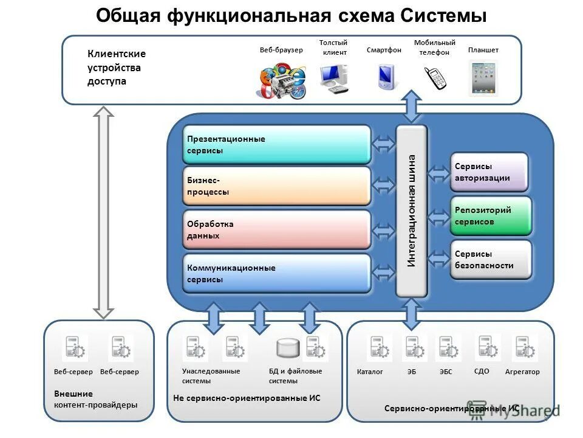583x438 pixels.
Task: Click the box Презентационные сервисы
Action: coord(276,145)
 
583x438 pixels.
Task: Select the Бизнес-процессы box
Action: coord(276,186)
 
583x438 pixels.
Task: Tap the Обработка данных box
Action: coord(276,229)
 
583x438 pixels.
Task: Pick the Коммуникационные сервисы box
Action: coord(276,273)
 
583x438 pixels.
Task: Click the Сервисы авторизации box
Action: coord(489,172)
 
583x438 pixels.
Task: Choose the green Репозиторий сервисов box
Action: coord(490,216)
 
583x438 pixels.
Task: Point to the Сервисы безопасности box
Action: coord(490,260)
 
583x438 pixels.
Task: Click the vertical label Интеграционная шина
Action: coord(412,210)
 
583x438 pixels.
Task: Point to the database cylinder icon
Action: coord(288,348)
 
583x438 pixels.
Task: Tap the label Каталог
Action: coord(370,372)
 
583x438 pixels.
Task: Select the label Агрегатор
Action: coord(522,372)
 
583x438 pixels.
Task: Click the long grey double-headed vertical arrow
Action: coord(104,213)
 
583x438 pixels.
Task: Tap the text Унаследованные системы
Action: coord(210,376)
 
